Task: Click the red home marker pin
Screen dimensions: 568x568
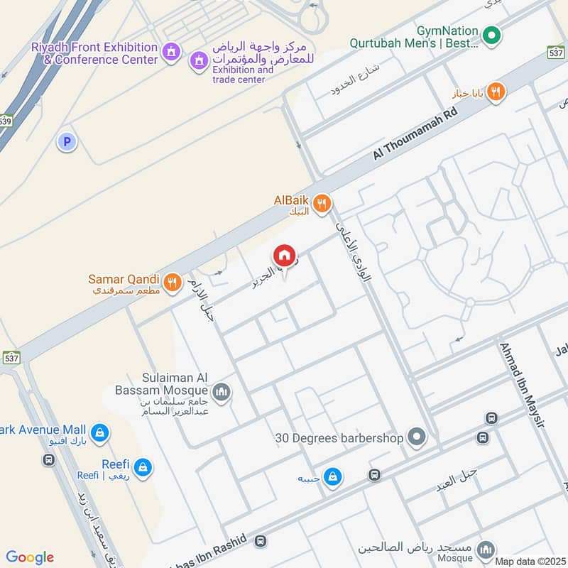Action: point(284,256)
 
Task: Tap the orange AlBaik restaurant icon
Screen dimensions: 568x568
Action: point(322,204)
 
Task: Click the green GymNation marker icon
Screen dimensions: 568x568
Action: point(491,33)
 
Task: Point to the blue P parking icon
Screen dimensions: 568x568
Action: point(67,142)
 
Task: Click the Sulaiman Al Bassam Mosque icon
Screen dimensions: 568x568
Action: point(222,393)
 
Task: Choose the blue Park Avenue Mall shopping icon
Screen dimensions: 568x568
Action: point(100,431)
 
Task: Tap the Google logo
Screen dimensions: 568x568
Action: point(30,557)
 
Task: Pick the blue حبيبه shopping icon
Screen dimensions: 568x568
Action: point(332,478)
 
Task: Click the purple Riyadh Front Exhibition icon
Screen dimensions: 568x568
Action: point(170,52)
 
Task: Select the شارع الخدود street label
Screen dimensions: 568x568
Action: point(356,80)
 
